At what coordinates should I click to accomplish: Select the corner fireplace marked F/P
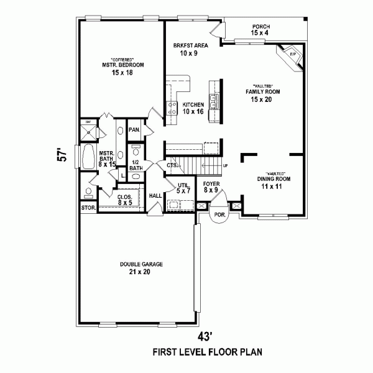coord(292,56)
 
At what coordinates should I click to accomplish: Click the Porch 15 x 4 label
coord(260,30)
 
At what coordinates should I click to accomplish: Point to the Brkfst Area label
coord(191,49)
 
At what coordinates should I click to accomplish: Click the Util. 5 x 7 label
coord(183,188)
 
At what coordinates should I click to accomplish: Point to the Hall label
coord(155,195)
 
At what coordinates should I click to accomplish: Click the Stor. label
coord(88,208)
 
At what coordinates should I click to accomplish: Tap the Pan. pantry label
coord(134,130)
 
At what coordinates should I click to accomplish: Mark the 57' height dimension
coord(61,155)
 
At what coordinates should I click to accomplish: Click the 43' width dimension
coord(205,336)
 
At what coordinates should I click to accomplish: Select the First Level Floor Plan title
coord(208,352)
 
